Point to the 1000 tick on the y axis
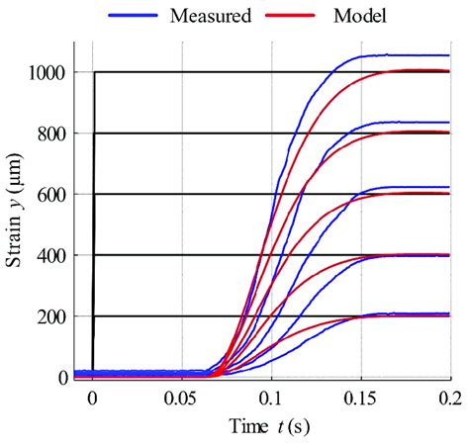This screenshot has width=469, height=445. point(47,72)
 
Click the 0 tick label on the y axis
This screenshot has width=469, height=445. point(62,378)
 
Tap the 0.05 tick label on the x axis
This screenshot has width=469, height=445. point(182,399)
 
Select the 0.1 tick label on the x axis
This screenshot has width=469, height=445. point(272,399)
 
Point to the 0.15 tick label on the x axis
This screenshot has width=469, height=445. point(361,399)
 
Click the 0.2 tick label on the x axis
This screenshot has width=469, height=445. point(448,399)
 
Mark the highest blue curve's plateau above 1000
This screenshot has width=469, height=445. point(406,55)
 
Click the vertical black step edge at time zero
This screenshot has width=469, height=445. point(93,218)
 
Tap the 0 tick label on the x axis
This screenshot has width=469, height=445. point(93,399)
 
